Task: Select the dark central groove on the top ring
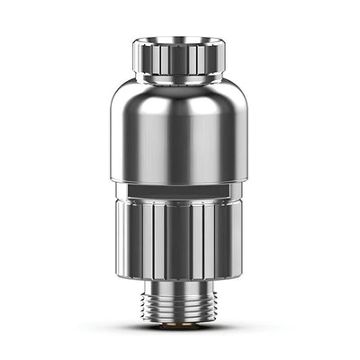179,59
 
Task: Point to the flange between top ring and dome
180,80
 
